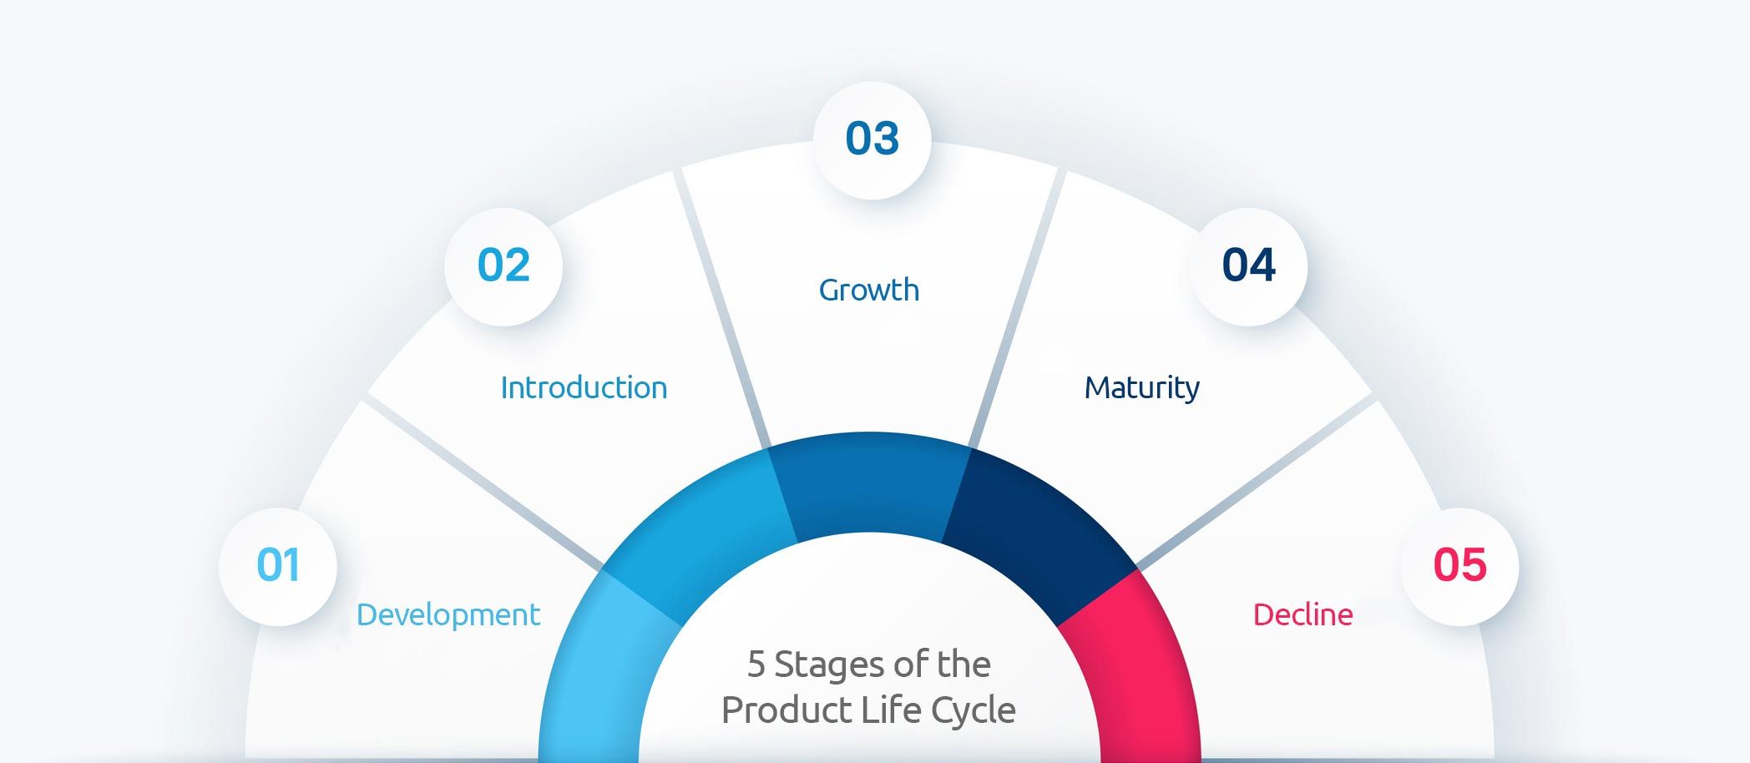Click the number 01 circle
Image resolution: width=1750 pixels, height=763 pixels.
pyautogui.click(x=278, y=567)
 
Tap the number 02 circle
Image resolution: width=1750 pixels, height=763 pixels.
pyautogui.click(x=503, y=266)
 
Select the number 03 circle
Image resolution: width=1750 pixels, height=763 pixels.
pyautogui.click(x=872, y=139)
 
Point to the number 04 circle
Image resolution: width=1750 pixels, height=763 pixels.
pyautogui.click(x=1248, y=266)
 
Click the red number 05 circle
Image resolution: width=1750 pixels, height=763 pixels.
pyautogui.click(x=1459, y=567)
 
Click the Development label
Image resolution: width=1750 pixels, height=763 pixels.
pyautogui.click(x=448, y=615)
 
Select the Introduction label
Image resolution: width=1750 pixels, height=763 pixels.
pyautogui.click(x=584, y=388)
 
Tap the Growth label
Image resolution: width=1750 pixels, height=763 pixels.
pyautogui.click(x=868, y=291)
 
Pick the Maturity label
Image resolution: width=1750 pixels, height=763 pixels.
pyautogui.click(x=1141, y=388)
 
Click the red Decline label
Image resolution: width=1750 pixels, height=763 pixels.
pyautogui.click(x=1302, y=615)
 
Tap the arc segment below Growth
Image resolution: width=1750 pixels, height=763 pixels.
pyautogui.click(x=868, y=483)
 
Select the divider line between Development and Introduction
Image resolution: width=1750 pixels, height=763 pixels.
pyautogui.click(x=484, y=484)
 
